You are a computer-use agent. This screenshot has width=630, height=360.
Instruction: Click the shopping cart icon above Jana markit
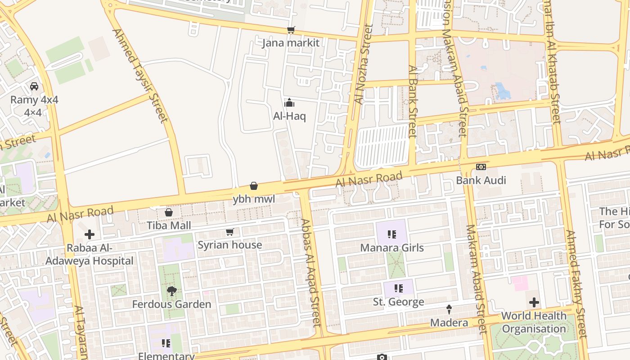point(291,30)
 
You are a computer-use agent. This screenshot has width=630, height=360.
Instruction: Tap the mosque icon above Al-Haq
point(289,103)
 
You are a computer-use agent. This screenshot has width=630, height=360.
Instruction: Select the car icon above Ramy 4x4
point(34,86)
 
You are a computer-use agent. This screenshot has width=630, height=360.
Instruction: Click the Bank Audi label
point(481,180)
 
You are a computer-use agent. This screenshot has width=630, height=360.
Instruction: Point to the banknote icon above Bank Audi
point(481,167)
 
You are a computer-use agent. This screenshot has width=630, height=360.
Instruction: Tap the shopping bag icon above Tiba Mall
point(169,212)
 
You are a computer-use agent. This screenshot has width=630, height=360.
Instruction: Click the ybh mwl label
point(254,199)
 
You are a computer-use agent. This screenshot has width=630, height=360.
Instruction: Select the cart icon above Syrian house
point(230,232)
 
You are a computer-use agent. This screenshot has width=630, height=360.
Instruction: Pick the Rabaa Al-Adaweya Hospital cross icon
point(90,234)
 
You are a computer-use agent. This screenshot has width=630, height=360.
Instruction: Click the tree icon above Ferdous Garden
point(171,291)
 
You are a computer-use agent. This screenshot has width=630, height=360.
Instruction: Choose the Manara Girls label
point(392,248)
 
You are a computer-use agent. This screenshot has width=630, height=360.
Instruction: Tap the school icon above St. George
point(398,288)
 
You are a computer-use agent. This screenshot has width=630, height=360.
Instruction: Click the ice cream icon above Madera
point(449,310)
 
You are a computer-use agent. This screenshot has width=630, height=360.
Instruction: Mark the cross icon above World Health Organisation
point(534,302)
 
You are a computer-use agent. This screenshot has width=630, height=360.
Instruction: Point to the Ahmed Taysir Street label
point(139,76)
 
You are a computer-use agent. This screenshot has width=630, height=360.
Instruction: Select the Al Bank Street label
point(413,101)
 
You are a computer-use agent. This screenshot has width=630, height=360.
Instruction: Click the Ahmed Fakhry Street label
point(576,284)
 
